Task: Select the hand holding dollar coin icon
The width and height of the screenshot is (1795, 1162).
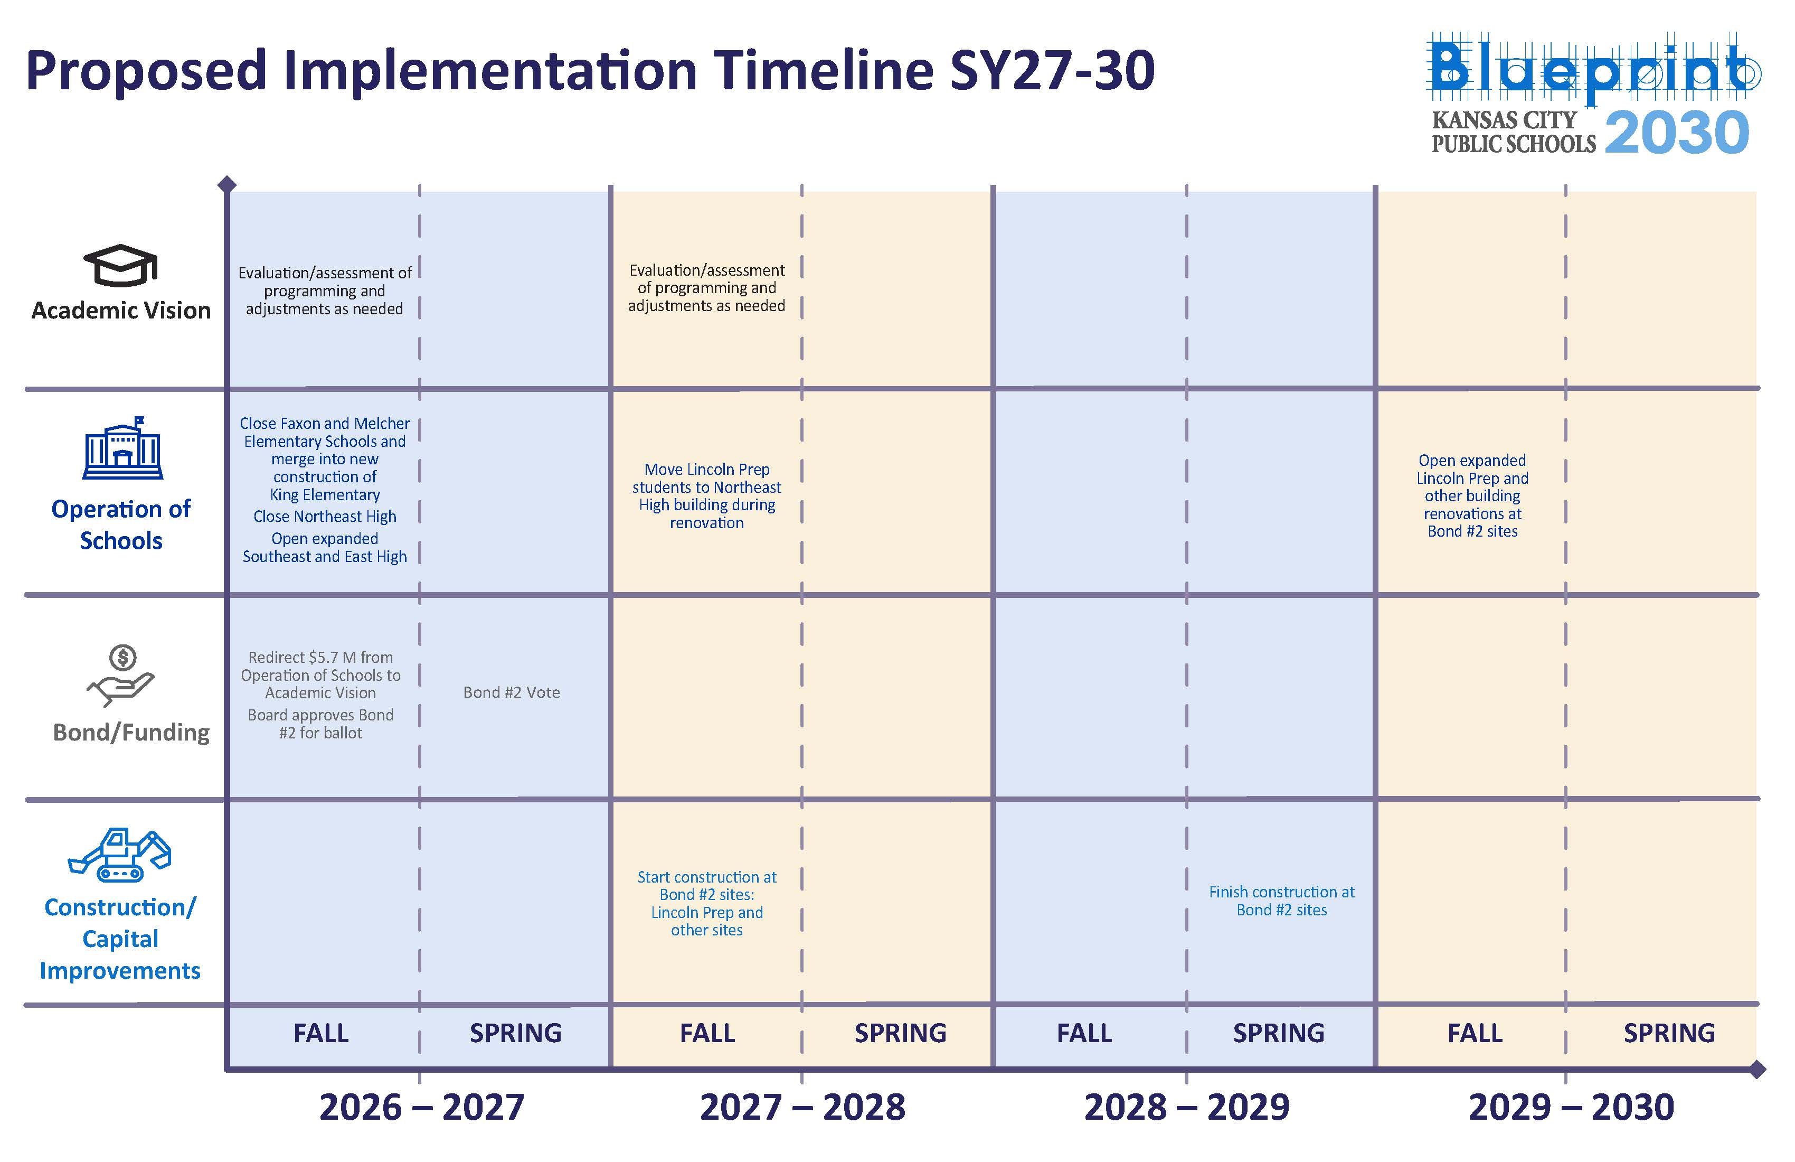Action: click(121, 676)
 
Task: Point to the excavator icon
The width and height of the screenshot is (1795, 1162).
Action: click(120, 855)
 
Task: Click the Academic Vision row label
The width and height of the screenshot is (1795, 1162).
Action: click(121, 310)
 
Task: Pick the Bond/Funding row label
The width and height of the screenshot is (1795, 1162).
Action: click(131, 733)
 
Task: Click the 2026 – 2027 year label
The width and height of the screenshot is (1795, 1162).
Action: click(422, 1107)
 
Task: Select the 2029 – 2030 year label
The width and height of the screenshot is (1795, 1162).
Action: click(1572, 1107)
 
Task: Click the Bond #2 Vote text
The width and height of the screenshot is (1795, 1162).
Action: click(512, 692)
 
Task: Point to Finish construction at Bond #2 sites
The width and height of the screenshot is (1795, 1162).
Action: click(1281, 901)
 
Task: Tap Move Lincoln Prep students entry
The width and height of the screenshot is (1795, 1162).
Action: click(707, 496)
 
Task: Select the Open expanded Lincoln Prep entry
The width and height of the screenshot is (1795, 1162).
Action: click(1472, 496)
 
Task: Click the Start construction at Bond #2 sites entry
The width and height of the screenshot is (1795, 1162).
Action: click(707, 903)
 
